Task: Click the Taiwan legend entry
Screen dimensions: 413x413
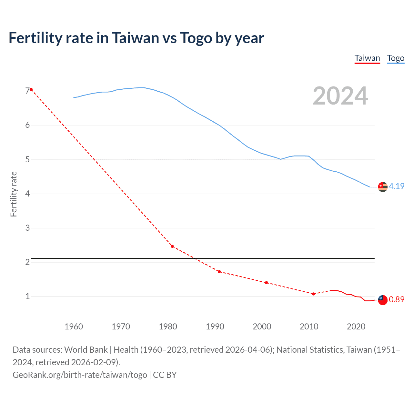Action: (367, 58)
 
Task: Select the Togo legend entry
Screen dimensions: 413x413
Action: (396, 58)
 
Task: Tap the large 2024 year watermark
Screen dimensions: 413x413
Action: (340, 96)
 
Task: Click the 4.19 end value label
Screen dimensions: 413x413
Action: (397, 186)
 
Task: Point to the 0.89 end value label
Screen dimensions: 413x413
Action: (397, 299)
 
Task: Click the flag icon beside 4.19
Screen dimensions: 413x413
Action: (383, 187)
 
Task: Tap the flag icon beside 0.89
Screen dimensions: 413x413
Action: (383, 300)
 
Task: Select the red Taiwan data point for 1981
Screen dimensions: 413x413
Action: (172, 246)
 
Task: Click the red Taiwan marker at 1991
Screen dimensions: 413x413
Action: (219, 272)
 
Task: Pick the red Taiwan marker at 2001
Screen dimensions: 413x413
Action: (266, 283)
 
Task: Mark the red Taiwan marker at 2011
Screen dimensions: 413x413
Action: (313, 294)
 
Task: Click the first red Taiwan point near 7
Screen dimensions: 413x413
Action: (31, 89)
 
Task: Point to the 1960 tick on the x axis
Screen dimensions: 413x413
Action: (74, 327)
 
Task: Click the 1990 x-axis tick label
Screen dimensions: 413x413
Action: (215, 327)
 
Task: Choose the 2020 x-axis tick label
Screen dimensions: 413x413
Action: (356, 327)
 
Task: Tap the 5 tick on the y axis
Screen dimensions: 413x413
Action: (27, 159)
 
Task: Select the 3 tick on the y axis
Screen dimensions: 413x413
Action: (27, 228)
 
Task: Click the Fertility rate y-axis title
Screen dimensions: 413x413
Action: (14, 194)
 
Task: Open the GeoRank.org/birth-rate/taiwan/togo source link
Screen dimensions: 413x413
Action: (80, 375)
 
